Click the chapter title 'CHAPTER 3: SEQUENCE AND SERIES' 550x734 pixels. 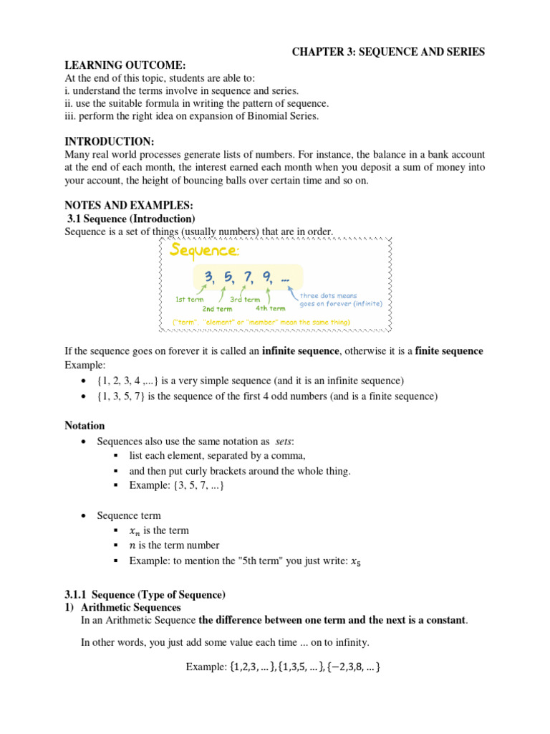tap(387, 52)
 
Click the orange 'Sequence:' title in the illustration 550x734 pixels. tap(203, 250)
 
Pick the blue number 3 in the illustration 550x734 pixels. tap(209, 277)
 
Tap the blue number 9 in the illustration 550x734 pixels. tap(267, 277)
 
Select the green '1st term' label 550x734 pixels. tap(190, 300)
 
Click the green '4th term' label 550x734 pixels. tap(270, 308)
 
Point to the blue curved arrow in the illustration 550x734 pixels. tap(293, 291)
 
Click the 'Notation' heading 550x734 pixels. tap(85, 426)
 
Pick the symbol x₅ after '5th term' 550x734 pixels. tap(354, 562)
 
